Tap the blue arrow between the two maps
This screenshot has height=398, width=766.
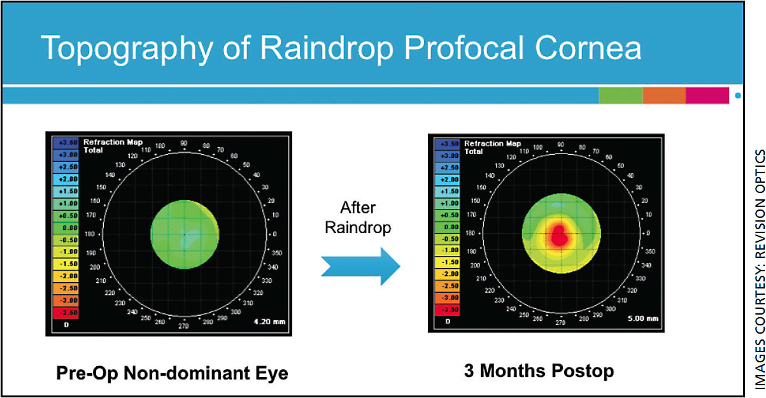coord(360,262)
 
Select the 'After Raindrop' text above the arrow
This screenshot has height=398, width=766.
coord(357,217)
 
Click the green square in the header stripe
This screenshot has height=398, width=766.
coord(620,96)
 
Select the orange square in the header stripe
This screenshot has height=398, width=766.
coord(663,96)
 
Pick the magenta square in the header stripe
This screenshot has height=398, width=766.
coord(707,96)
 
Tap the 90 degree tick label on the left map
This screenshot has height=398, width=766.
coord(183,144)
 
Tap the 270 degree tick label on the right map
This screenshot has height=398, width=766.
coord(560,323)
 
